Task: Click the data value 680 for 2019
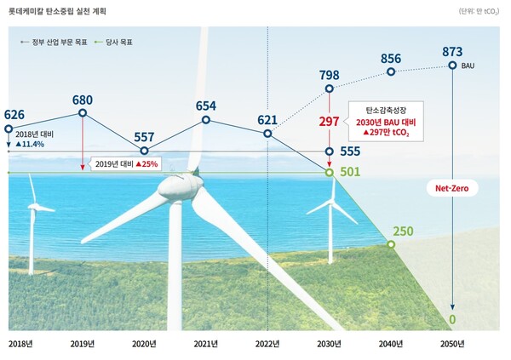(83, 95)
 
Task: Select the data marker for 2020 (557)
(144, 151)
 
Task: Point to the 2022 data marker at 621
(267, 134)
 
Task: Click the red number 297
(329, 122)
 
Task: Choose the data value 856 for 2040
(391, 57)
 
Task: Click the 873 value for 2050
(452, 52)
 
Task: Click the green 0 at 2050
(452, 319)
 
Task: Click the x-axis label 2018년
(20, 343)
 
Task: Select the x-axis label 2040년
(391, 343)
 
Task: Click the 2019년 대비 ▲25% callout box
(126, 163)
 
